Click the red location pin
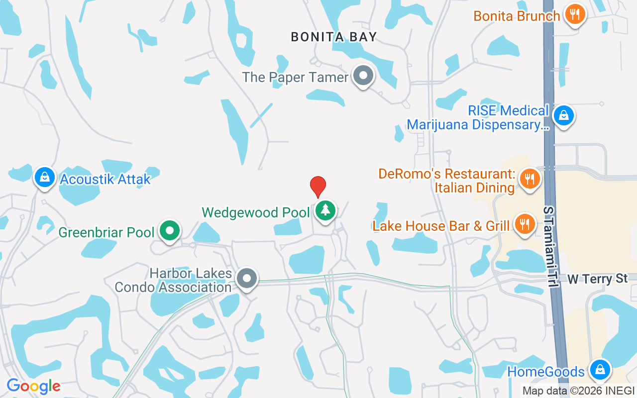point(318,186)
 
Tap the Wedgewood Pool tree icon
point(325,210)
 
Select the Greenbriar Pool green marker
point(170,231)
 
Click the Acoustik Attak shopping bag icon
point(45,177)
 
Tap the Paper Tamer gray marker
point(363,76)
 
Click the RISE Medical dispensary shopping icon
point(563,115)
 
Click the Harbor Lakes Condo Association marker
point(247,279)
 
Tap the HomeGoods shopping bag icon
point(600,370)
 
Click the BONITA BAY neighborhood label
point(334,37)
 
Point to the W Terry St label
point(597,279)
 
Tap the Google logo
point(33,386)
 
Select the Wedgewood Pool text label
point(256,212)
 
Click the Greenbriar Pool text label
point(106,232)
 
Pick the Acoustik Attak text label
point(105,179)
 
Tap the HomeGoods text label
point(545,372)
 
